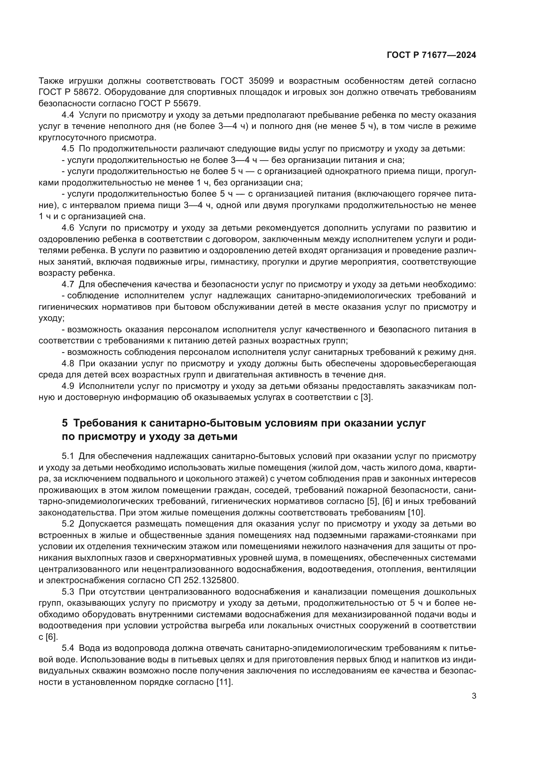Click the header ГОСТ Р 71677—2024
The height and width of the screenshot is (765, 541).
click(431, 55)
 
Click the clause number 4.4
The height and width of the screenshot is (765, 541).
click(68, 115)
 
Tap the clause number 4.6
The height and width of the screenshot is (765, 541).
click(68, 228)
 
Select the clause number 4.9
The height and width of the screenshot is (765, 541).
click(68, 386)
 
